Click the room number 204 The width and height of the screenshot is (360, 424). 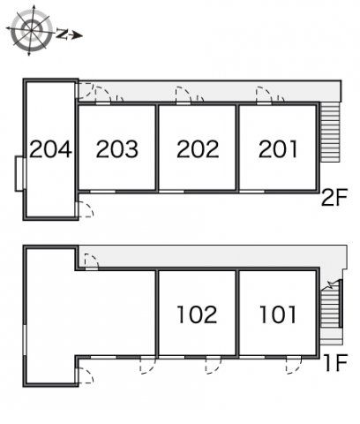click(x=50, y=149)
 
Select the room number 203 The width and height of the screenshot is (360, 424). click(x=117, y=149)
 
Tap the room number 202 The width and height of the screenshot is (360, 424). click(x=198, y=149)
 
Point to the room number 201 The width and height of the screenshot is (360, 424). click(x=278, y=149)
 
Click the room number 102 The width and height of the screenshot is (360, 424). click(x=197, y=314)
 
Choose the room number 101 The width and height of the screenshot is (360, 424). click(x=278, y=314)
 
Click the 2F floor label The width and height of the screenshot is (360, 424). click(x=334, y=197)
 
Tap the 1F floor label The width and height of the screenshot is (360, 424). click(x=336, y=362)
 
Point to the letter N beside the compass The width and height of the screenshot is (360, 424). click(x=61, y=34)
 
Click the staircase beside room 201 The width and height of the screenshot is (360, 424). click(x=330, y=132)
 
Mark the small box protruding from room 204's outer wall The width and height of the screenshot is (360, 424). click(x=19, y=174)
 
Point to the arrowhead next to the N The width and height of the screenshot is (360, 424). click(x=77, y=35)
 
